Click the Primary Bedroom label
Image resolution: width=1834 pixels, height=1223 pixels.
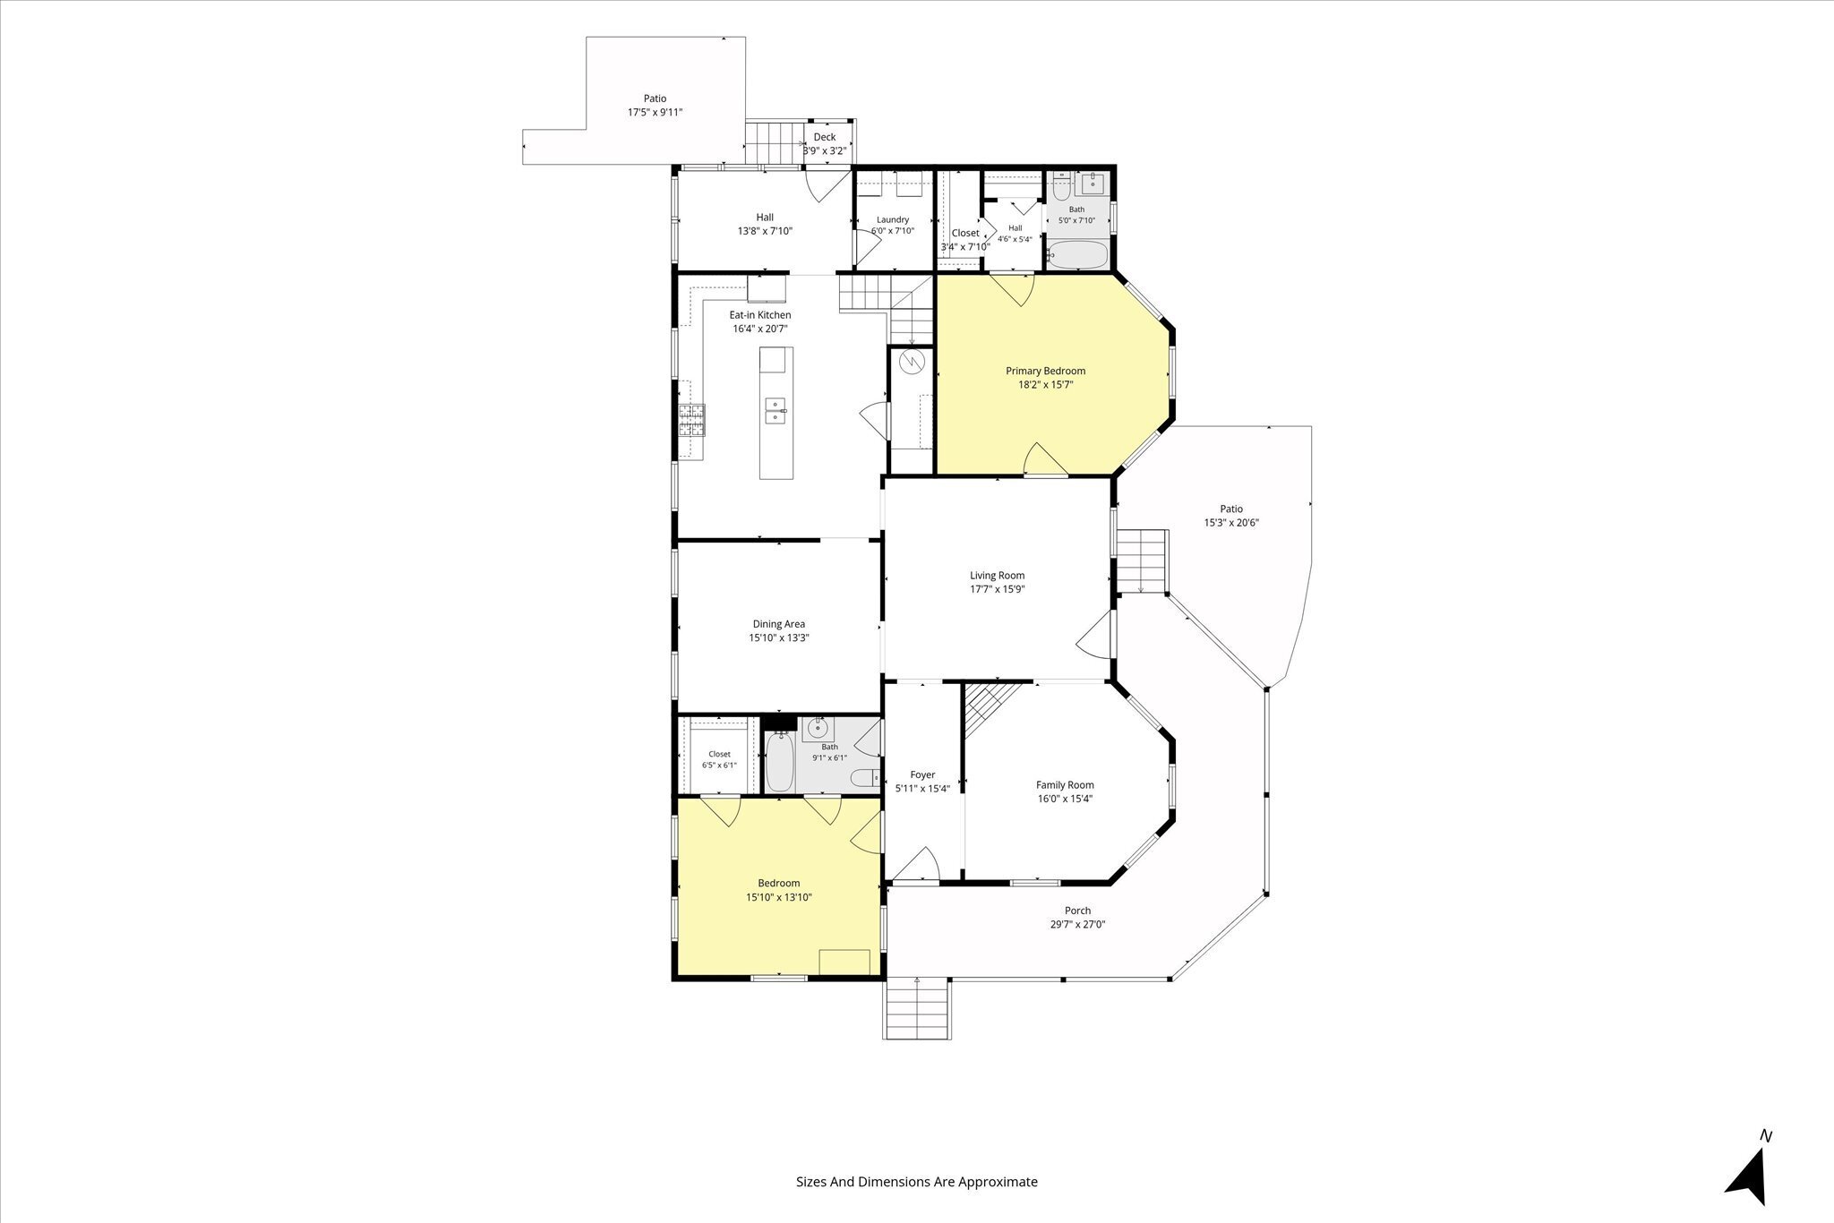pyautogui.click(x=1045, y=371)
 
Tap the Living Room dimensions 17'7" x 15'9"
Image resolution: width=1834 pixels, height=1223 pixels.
pyautogui.click(x=997, y=589)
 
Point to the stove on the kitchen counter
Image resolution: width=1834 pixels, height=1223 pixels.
pyautogui.click(x=691, y=419)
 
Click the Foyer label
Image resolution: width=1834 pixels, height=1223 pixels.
pyautogui.click(x=922, y=775)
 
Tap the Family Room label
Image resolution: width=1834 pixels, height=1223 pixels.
pyautogui.click(x=1065, y=785)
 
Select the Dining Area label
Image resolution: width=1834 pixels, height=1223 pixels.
pyautogui.click(x=778, y=624)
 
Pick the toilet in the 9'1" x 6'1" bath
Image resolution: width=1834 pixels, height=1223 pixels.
pyautogui.click(x=862, y=778)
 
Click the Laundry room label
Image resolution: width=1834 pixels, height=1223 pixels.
pyautogui.click(x=893, y=219)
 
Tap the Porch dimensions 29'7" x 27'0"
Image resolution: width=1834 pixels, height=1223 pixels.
pyautogui.click(x=1078, y=925)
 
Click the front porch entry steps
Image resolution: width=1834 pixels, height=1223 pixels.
pyautogui.click(x=918, y=1009)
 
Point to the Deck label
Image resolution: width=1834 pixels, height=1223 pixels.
pyautogui.click(x=825, y=137)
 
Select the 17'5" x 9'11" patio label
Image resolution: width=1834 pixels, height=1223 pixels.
pyautogui.click(x=655, y=106)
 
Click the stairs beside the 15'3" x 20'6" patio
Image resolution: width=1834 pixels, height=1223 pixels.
pyautogui.click(x=1142, y=560)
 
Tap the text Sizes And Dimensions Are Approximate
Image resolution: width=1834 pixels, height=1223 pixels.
pyautogui.click(x=917, y=1182)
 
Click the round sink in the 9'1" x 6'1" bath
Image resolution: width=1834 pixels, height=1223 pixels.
pyautogui.click(x=817, y=729)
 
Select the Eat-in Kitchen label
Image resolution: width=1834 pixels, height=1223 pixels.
pyautogui.click(x=760, y=315)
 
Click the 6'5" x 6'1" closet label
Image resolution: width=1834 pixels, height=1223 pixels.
pyautogui.click(x=719, y=759)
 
